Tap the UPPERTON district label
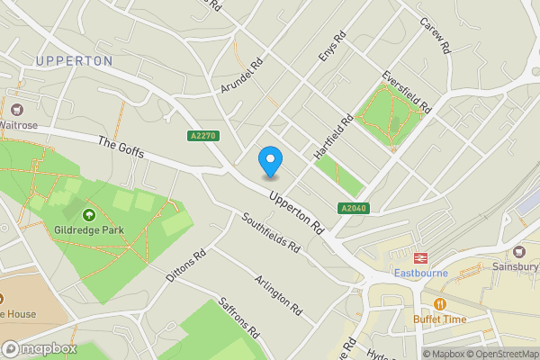click(75, 61)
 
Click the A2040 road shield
click(354, 209)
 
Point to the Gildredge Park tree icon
click(89, 215)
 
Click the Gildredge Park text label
click(89, 230)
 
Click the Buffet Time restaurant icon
click(440, 304)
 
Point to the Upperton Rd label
click(295, 206)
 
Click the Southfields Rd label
click(270, 232)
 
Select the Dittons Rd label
click(186, 266)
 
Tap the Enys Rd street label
click(332, 49)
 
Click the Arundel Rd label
click(240, 76)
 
